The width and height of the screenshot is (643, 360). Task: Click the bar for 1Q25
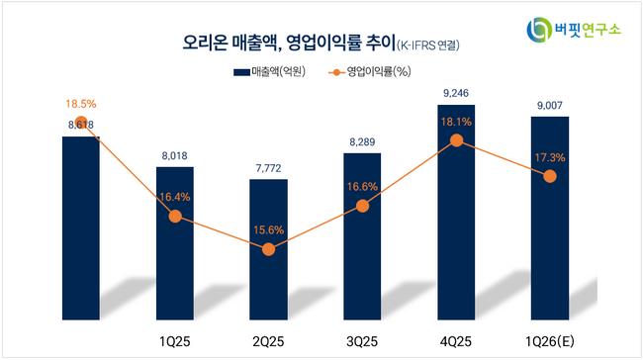coord(175,243)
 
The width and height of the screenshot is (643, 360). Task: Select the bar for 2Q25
coord(269,249)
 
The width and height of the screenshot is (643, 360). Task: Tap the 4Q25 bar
coord(456,213)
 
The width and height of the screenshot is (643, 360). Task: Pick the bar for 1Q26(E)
coord(550,219)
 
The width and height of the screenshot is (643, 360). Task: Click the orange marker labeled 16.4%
coord(175,216)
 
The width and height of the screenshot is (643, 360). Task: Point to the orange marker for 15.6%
coord(269,249)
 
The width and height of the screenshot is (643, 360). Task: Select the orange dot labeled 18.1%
coord(456,140)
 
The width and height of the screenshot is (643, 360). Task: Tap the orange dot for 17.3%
coord(550,176)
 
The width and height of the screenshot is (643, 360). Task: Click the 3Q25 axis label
coord(362,341)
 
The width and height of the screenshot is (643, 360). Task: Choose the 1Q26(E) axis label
coord(550,341)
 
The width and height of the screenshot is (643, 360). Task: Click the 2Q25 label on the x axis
coord(269,341)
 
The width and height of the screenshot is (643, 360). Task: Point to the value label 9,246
coord(456,94)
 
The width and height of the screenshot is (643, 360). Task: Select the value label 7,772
coord(269,168)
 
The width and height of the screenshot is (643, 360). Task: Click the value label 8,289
coord(362,142)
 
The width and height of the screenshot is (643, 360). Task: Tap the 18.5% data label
coord(81,104)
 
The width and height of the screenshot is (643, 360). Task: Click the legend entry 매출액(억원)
coord(269,72)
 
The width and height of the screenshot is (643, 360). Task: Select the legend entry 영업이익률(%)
coord(370,72)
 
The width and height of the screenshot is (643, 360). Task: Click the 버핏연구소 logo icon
coord(539,30)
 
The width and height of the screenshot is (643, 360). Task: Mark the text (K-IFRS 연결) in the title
coord(427,45)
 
